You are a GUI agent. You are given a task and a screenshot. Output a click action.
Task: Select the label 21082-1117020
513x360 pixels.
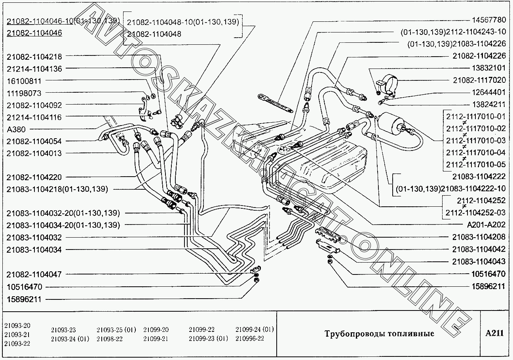pos(479,80)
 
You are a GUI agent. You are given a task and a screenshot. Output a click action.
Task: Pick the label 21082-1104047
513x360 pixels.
pos(34,274)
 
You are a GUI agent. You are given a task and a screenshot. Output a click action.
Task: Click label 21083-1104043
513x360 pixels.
pos(479,262)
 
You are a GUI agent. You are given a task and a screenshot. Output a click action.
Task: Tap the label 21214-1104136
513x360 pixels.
pos(34,69)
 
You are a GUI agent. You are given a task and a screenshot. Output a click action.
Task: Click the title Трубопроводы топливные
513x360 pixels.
pos(379,333)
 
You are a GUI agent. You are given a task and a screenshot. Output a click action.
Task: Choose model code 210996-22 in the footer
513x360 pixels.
pos(249,339)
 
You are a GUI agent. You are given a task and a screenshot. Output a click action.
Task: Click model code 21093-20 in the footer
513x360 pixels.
pos(17,326)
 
